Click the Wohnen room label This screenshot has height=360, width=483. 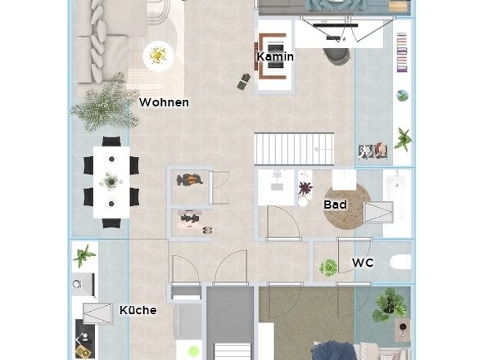(164, 102)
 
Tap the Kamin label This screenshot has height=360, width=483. (275, 56)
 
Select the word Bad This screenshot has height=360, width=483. (335, 205)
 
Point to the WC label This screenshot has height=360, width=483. (363, 263)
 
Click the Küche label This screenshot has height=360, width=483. (138, 310)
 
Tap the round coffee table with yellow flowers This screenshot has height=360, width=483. (158, 56)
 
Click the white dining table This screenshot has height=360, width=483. (111, 182)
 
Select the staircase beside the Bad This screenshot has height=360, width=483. (294, 149)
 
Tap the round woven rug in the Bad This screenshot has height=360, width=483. (347, 206)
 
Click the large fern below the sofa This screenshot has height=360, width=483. (105, 104)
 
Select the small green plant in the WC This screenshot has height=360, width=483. (328, 267)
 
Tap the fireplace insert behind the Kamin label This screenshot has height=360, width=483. (275, 56)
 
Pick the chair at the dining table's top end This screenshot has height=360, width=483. (111, 142)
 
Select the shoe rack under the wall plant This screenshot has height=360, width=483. (373, 151)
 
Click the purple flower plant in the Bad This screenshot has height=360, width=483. (305, 188)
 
